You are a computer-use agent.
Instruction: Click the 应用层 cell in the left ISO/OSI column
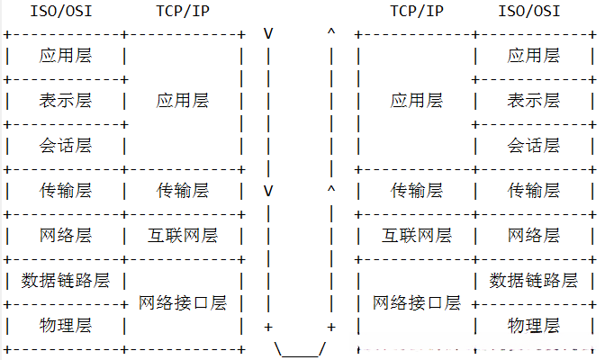click(x=66, y=56)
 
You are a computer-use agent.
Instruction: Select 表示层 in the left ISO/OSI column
click(x=66, y=101)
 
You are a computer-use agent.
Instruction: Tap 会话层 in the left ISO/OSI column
click(x=66, y=145)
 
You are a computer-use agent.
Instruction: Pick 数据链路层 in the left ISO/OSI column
click(x=66, y=280)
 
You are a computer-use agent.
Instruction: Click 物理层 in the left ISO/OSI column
click(x=66, y=324)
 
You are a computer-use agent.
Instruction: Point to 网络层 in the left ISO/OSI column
click(x=66, y=236)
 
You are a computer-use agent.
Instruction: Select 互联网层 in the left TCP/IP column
click(x=183, y=236)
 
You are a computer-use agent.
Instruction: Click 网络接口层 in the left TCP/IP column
click(x=183, y=302)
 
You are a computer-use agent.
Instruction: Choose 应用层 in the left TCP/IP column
click(x=183, y=101)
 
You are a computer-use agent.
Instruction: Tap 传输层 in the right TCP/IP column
click(x=417, y=191)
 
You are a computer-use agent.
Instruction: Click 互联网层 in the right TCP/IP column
click(x=417, y=236)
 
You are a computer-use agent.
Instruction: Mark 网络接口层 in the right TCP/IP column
click(x=417, y=302)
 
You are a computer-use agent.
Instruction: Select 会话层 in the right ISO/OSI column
click(x=534, y=145)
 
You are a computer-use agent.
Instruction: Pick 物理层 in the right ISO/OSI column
click(x=534, y=324)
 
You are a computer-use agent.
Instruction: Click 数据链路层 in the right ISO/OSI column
click(x=534, y=280)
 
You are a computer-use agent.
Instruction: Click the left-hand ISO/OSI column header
click(x=66, y=13)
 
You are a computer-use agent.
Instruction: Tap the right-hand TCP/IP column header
click(x=417, y=13)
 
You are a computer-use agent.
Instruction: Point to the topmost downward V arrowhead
click(x=268, y=34)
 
